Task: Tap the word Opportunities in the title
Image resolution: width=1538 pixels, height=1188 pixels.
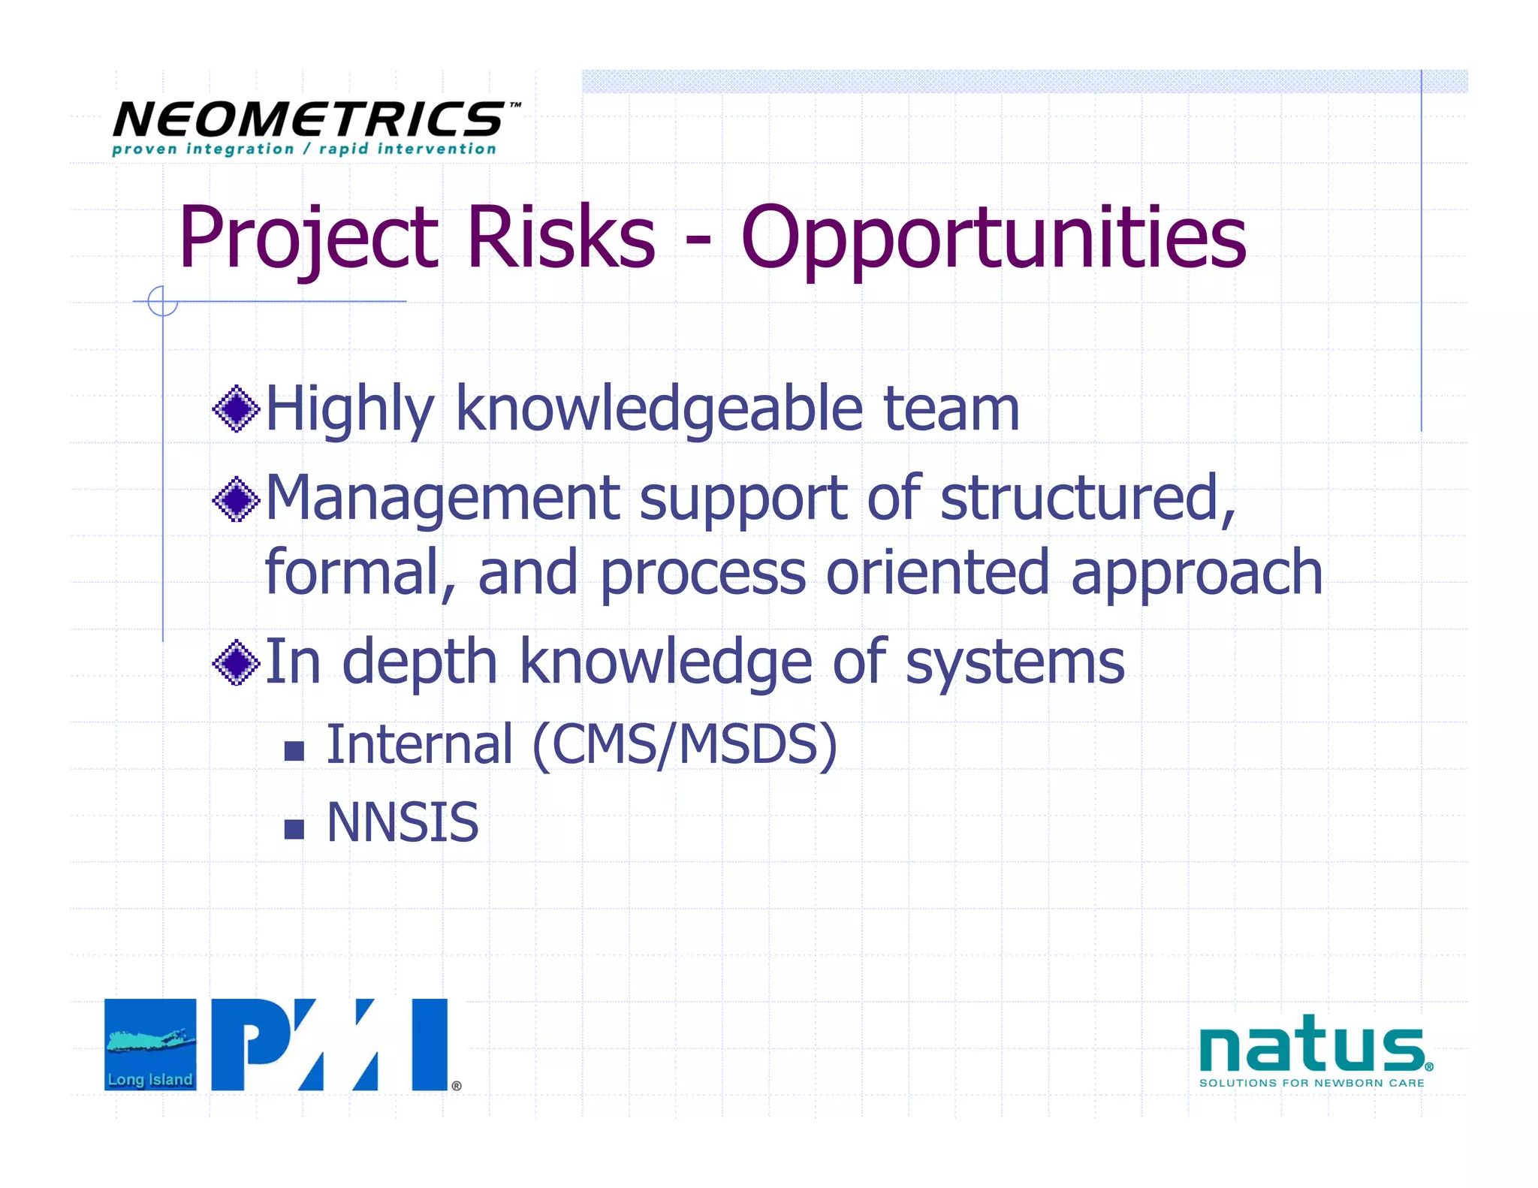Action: click(993, 239)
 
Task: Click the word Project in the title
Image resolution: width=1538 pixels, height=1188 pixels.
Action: click(308, 239)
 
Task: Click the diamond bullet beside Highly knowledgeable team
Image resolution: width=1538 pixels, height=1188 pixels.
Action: click(237, 409)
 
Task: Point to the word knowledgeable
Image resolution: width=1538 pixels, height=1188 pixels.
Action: click(659, 410)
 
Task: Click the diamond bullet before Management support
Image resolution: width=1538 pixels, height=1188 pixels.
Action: click(237, 499)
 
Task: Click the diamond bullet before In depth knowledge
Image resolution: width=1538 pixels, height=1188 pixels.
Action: click(237, 662)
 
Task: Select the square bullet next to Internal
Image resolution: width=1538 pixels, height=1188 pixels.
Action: click(294, 750)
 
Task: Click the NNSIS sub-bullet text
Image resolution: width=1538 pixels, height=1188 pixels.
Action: click(403, 823)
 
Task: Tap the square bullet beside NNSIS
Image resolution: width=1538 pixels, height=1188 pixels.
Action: click(294, 829)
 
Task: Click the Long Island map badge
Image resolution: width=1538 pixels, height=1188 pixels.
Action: click(150, 1045)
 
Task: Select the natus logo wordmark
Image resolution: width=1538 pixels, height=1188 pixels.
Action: click(1311, 1045)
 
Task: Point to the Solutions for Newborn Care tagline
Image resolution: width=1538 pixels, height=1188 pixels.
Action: click(1311, 1083)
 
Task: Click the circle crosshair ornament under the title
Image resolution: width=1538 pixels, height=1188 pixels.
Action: click(162, 301)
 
